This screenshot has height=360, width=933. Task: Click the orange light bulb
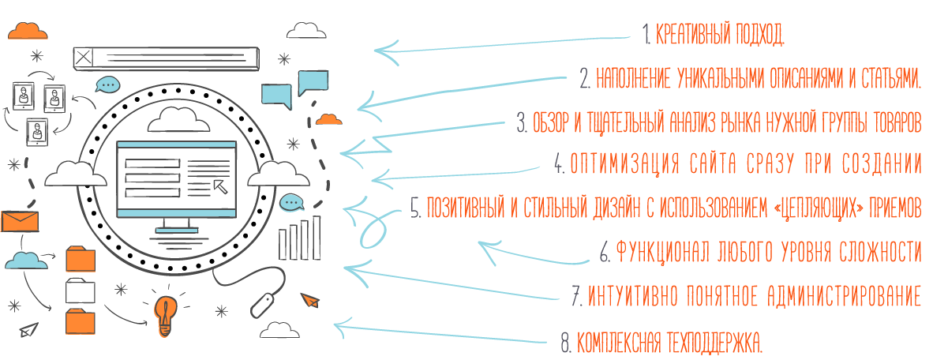[x=166, y=315]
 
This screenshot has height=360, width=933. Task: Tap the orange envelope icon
[x=20, y=221]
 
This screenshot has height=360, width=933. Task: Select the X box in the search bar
[x=84, y=58]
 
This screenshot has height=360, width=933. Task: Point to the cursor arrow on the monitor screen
[x=221, y=183]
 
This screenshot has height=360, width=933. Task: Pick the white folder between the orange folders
[x=80, y=291]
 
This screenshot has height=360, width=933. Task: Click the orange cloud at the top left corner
[x=28, y=30]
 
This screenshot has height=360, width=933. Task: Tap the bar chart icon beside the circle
[x=299, y=238]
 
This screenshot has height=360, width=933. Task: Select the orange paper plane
[x=309, y=298]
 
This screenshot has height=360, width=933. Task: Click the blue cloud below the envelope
[x=25, y=260]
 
